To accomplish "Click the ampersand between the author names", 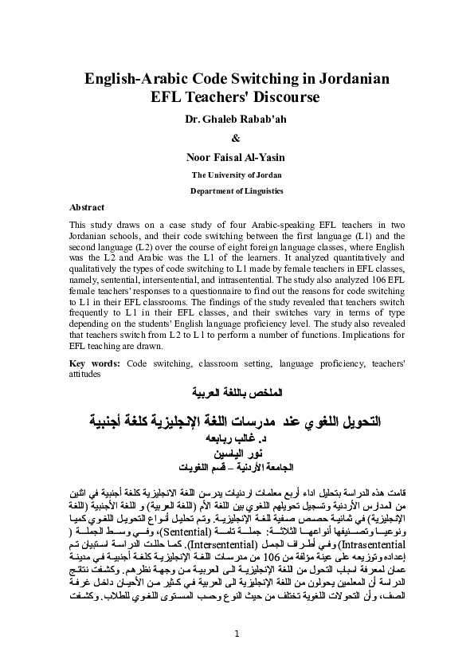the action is [237, 136].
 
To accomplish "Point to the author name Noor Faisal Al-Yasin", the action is [236, 153].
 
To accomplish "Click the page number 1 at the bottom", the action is [237, 633].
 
